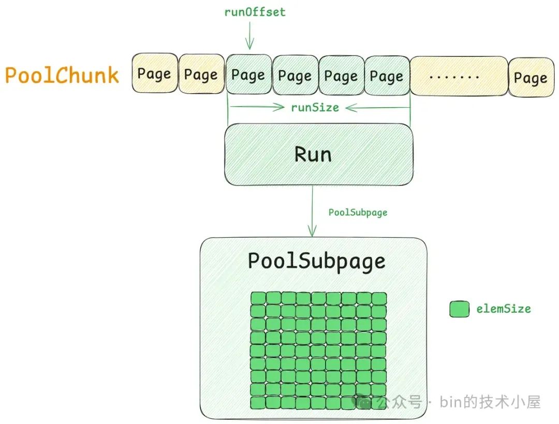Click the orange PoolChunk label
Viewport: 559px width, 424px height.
click(62, 76)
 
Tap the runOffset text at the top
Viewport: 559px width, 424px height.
click(255, 12)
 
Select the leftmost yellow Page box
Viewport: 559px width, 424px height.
click(154, 74)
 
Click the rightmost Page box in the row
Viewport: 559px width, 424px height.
click(531, 78)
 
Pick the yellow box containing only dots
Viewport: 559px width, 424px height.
click(459, 76)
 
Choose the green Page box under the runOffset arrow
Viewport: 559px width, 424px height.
click(248, 75)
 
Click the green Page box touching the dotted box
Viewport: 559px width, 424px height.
click(387, 77)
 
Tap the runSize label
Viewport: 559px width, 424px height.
click(315, 108)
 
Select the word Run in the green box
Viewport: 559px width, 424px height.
click(313, 154)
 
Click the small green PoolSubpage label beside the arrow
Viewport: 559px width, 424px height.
click(358, 212)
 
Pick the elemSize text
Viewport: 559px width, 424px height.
click(504, 309)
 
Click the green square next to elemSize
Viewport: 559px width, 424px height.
click(459, 310)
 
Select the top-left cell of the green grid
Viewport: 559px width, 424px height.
click(258, 298)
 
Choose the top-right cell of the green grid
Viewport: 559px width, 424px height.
click(379, 298)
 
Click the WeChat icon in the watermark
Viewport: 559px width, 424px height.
click(365, 402)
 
